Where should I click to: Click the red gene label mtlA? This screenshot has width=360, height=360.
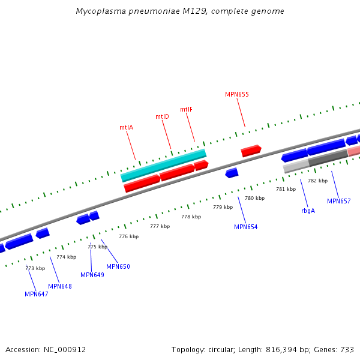126,127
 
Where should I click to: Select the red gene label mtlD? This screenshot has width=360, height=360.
162,116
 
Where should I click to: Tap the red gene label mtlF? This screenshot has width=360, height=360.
186,109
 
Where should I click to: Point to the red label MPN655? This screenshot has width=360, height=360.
236,94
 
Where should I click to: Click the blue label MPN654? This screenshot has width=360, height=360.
245,227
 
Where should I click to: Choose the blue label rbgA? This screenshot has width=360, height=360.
308,211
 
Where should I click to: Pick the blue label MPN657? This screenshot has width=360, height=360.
338,201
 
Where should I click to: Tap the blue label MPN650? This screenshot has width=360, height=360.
118,266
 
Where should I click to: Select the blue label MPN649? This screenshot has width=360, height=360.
92,275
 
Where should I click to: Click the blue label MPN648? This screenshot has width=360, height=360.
60,286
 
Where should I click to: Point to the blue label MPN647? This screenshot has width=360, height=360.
37,294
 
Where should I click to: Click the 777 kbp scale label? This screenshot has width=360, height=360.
160,226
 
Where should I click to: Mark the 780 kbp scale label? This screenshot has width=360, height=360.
254,198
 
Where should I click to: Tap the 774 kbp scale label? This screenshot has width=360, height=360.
66,257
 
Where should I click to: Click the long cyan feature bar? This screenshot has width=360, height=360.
163,165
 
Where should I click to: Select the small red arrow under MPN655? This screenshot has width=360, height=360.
251,151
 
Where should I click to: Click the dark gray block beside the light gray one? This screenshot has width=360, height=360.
328,158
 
